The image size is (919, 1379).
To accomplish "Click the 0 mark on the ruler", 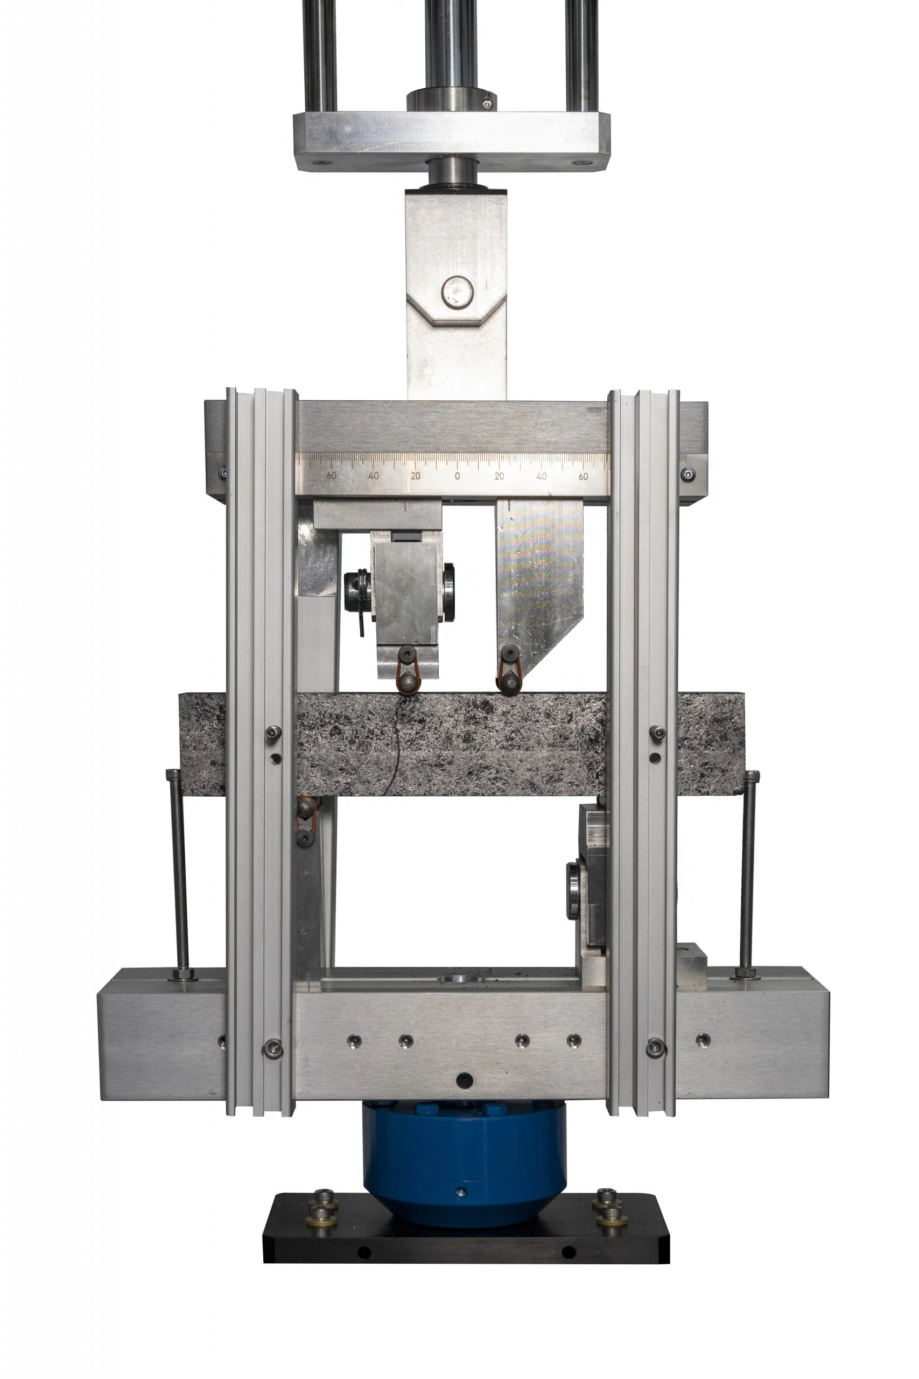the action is point(457,476).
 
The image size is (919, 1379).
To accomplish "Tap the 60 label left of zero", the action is point(331,476).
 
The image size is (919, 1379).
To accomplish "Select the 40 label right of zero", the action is point(541,476).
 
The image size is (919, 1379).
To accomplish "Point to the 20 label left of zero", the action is point(416,476).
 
